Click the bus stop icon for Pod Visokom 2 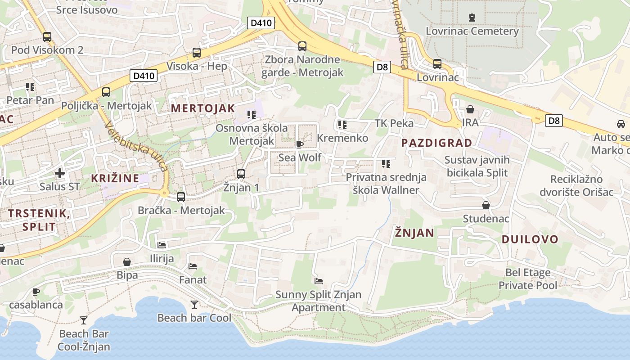(x=47, y=37)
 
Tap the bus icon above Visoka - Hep (x=197, y=53)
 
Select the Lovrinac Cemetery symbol (x=472, y=18)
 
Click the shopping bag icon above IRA (x=470, y=109)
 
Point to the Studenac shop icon (x=486, y=206)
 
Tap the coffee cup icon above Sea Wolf (x=299, y=144)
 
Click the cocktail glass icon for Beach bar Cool (x=194, y=305)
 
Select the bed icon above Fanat (x=193, y=266)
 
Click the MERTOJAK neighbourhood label (x=203, y=108)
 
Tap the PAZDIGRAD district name (x=436, y=143)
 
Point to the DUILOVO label (x=530, y=239)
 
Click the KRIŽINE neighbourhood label (x=115, y=178)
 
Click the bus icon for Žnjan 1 (x=241, y=174)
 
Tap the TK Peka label (x=394, y=123)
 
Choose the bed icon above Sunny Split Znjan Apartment (x=319, y=281)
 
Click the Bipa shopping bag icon (x=127, y=262)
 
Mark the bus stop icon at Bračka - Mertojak (x=181, y=197)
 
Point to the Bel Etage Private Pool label (x=528, y=279)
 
